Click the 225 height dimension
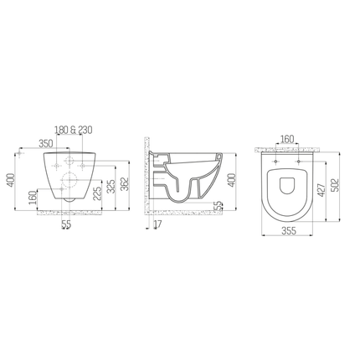tap(99, 194)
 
